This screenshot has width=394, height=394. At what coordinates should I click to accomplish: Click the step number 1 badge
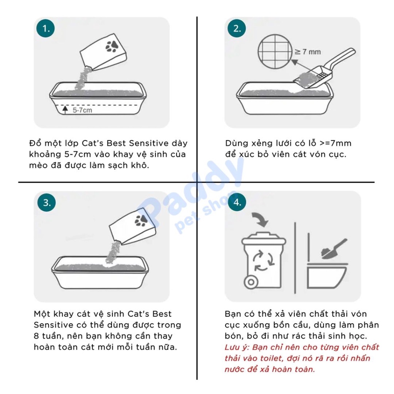click(x=46, y=28)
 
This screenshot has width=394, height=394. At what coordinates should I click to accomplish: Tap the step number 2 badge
click(x=237, y=28)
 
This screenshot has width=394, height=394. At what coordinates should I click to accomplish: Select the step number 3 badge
click(x=46, y=203)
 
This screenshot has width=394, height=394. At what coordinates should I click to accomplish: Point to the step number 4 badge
click(x=237, y=203)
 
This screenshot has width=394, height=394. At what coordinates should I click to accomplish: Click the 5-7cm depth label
click(x=82, y=110)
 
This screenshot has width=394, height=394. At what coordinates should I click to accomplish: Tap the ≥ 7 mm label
click(x=307, y=52)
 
